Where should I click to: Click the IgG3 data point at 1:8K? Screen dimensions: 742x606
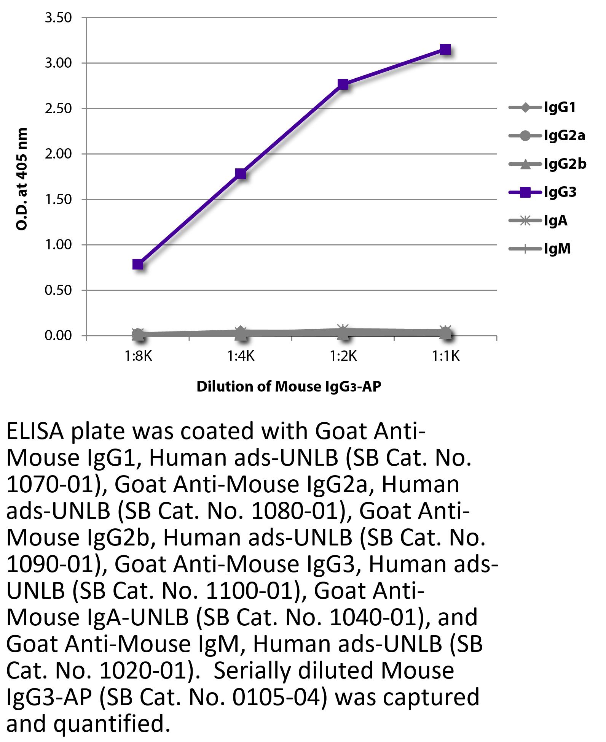point(138,264)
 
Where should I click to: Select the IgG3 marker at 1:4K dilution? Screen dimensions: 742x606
point(241,174)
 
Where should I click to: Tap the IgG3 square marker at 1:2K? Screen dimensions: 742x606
point(343,84)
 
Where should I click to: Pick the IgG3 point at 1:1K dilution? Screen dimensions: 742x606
point(445,49)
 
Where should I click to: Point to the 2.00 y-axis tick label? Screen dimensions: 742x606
point(58,154)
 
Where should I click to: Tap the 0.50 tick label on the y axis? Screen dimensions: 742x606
point(58,290)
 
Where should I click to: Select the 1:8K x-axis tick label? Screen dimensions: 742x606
point(138,357)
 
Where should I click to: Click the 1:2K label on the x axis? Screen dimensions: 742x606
point(343,357)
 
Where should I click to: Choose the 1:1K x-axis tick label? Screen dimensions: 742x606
point(446,357)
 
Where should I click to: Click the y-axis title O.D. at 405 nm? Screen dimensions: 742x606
point(22,179)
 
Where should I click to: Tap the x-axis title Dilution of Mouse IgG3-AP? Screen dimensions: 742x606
point(289,387)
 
